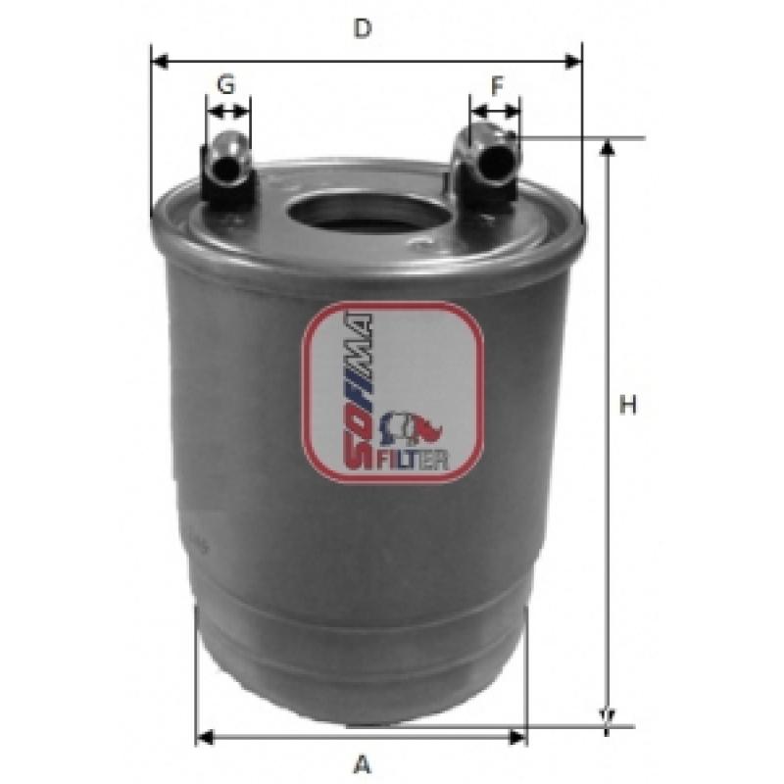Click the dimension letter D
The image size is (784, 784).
(x=363, y=28)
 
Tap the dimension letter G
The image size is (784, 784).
(x=226, y=84)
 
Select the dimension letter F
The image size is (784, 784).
(x=497, y=86)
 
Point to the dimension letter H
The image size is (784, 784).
(x=628, y=405)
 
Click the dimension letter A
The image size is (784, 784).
(x=363, y=764)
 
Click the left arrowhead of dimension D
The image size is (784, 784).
(x=159, y=62)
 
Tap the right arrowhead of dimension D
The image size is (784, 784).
(x=573, y=62)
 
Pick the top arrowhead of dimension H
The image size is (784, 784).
(x=607, y=147)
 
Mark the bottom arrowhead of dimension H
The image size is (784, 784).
(x=607, y=716)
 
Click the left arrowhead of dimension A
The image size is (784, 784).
(x=205, y=737)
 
